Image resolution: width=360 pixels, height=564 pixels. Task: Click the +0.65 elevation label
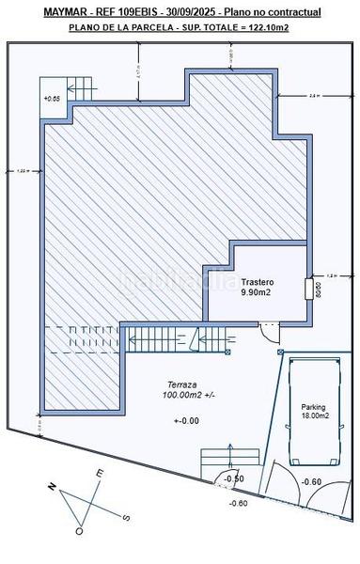[52, 98]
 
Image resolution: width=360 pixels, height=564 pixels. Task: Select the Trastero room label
[257, 282]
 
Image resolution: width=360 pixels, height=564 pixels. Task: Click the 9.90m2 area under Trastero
[257, 293]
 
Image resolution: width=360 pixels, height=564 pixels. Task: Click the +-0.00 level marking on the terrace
[186, 420]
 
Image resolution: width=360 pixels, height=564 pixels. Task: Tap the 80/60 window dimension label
[319, 288]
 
